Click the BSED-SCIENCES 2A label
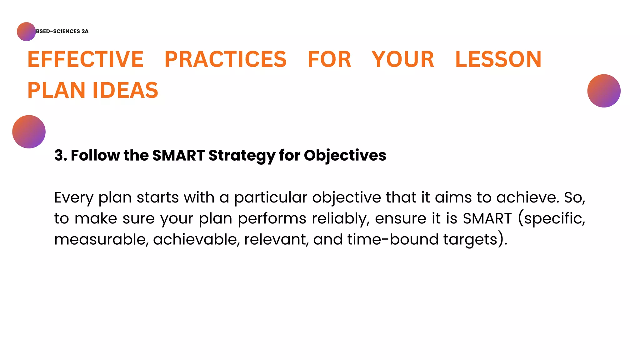[x=62, y=31]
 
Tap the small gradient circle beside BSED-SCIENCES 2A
[x=26, y=32]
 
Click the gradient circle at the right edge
[x=604, y=91]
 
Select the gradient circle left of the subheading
[x=29, y=132]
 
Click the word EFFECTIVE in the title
[x=85, y=59]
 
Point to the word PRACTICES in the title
[x=225, y=59]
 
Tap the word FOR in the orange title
[x=329, y=59]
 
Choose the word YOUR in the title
[x=403, y=59]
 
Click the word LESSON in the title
[x=498, y=59]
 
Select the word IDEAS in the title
[x=126, y=90]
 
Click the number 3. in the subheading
[x=61, y=155]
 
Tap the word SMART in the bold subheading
[x=178, y=155]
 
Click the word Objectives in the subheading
[x=345, y=155]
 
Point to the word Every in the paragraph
[x=74, y=198]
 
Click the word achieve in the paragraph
[x=527, y=197]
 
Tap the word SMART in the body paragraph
[x=487, y=218]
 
